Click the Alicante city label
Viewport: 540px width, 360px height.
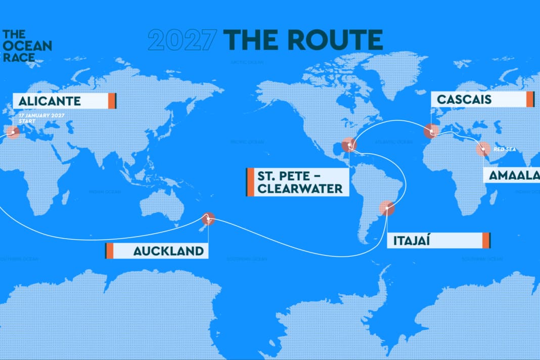click(x=50, y=101)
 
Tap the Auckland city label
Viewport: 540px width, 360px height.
click(x=168, y=251)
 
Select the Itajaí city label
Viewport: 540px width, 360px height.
click(x=417, y=240)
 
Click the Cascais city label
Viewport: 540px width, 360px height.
click(x=464, y=99)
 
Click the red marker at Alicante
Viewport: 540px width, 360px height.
click(x=13, y=132)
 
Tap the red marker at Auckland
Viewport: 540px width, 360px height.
click(x=208, y=218)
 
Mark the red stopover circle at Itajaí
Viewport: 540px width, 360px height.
click(x=387, y=208)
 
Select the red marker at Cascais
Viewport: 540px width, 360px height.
click(x=431, y=131)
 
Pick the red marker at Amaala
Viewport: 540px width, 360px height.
click(x=483, y=149)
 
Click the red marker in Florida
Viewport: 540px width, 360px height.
click(x=349, y=145)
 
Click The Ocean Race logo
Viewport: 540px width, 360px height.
click(x=27, y=46)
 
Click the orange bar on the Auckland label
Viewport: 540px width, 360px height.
click(x=109, y=251)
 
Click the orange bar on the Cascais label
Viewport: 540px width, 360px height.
click(x=530, y=99)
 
